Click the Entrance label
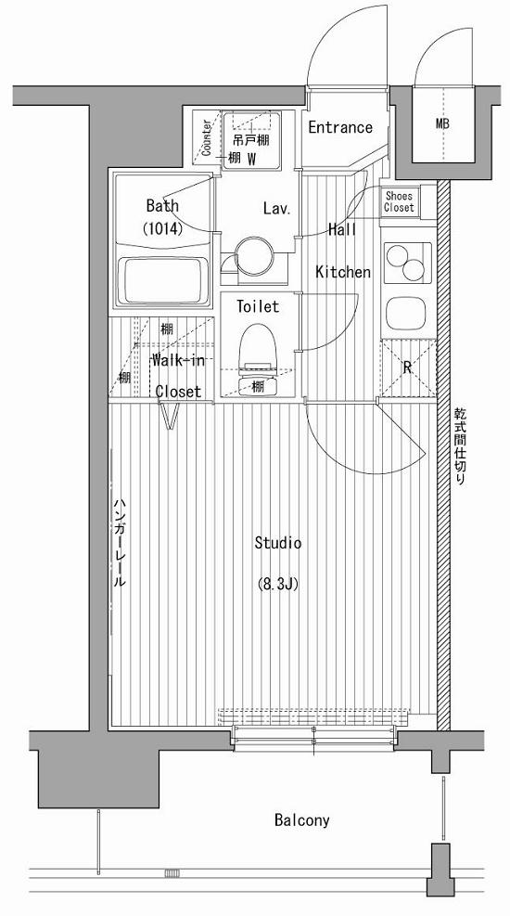340,127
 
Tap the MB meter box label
443,123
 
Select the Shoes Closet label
399,201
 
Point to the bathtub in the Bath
163,281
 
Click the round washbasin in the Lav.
254,254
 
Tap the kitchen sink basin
406,313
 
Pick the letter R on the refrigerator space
408,368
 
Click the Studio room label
278,543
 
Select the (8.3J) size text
278,584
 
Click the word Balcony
302,820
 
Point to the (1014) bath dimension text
163,229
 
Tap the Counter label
207,138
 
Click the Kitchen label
343,272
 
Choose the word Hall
342,229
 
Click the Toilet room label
258,305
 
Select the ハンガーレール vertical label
119,543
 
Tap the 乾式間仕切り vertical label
461,447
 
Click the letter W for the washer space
252,158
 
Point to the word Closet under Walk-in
178,392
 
